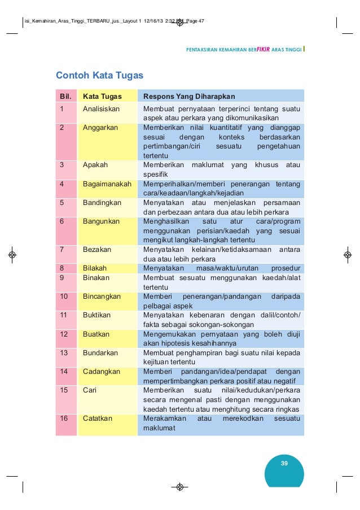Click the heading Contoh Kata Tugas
click(99, 75)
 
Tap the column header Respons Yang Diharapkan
click(189, 96)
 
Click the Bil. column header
click(66, 96)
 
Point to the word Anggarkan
click(100, 128)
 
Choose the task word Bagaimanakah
click(107, 184)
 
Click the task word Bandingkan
click(102, 203)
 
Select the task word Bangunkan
click(101, 221)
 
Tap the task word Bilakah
click(95, 268)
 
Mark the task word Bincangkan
click(102, 297)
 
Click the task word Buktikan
click(96, 315)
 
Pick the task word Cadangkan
click(102, 372)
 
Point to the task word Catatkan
click(98, 419)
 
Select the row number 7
click(62, 250)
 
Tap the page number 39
click(284, 464)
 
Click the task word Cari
click(89, 390)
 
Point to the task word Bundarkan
click(100, 353)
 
